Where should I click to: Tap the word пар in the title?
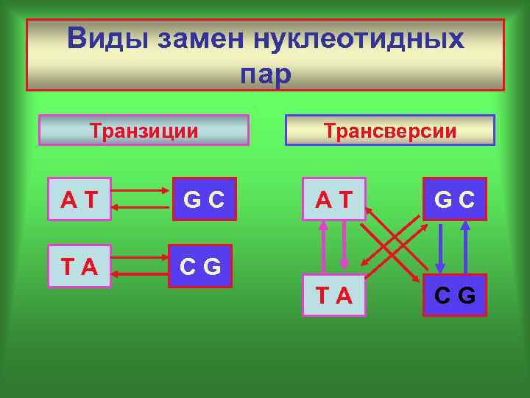tap(265, 74)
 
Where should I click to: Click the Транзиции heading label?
tap(144, 130)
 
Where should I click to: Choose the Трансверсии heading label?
tap(390, 131)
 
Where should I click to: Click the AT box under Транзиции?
tap(79, 199)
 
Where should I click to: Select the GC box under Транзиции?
tap(205, 199)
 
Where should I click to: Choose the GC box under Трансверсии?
tap(454, 199)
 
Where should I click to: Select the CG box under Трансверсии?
tap(454, 295)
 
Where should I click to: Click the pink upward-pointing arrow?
tap(322, 247)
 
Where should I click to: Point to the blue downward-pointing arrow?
tap(441, 247)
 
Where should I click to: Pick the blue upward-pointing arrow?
tap(464, 247)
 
